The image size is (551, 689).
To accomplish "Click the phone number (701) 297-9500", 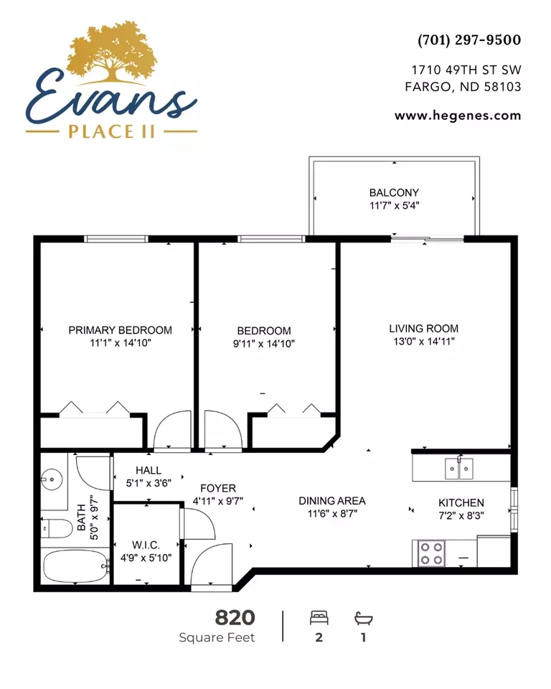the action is [x=468, y=40].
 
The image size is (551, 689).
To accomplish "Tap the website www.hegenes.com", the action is [x=458, y=116].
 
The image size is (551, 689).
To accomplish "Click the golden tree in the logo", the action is [x=112, y=52].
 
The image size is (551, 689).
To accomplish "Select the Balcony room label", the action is [x=394, y=192].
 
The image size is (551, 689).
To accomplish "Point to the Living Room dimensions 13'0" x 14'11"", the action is [x=423, y=342].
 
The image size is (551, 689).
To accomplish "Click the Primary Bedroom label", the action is [x=120, y=330].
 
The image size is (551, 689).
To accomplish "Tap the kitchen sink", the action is [x=459, y=469].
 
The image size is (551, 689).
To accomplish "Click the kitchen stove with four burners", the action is [x=431, y=553].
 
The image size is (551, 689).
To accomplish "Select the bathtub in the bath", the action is [x=75, y=566].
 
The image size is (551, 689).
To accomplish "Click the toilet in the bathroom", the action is [x=57, y=529].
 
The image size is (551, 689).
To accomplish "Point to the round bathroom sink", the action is [x=52, y=479].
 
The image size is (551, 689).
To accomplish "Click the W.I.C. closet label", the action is [x=146, y=545].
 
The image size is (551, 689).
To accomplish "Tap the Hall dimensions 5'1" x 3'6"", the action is [x=149, y=483].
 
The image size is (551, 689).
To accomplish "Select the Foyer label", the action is [x=218, y=488].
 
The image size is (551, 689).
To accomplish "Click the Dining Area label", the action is [x=331, y=501].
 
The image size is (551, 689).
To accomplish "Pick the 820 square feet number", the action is [x=235, y=618].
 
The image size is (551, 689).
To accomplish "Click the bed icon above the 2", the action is [x=319, y=618].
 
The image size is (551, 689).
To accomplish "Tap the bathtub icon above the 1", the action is [x=363, y=618].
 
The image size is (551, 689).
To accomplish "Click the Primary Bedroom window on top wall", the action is [x=116, y=239].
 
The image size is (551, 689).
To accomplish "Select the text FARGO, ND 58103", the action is [x=463, y=87].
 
